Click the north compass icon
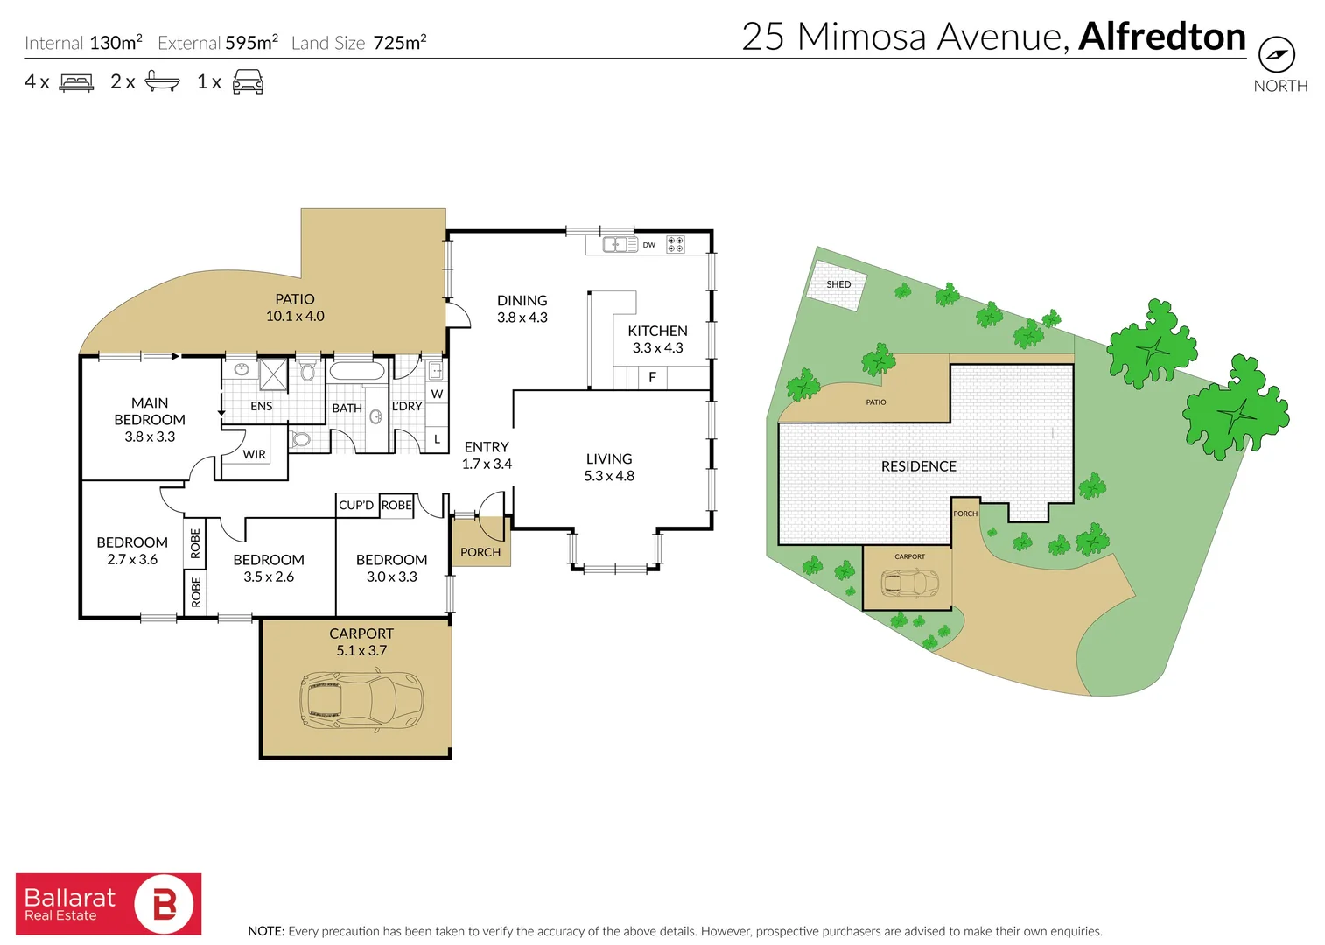(1276, 54)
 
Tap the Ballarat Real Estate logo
(109, 904)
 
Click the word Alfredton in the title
(1161, 37)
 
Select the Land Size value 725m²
(400, 43)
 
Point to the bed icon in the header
(76, 82)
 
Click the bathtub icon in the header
(162, 81)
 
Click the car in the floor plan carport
(361, 700)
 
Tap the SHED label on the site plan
(838, 284)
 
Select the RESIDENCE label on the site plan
(918, 466)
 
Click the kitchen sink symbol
(620, 245)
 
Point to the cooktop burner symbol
(675, 244)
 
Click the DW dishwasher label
(648, 245)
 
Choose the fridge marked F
(652, 378)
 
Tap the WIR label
(254, 455)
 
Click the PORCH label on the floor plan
(480, 552)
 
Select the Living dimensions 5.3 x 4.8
(609, 476)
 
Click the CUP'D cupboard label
(356, 505)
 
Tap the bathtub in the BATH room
(357, 371)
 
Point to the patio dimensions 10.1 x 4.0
(295, 316)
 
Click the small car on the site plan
(909, 582)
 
